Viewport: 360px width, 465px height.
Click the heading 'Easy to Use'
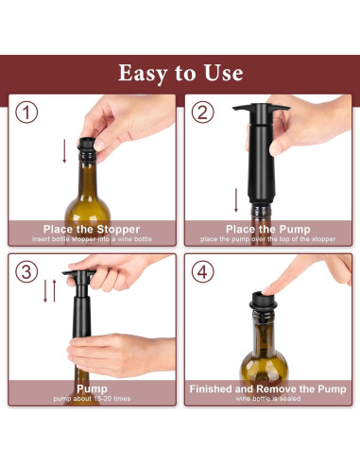pyautogui.click(x=180, y=73)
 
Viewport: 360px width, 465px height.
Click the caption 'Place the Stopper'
pyautogui.click(x=92, y=229)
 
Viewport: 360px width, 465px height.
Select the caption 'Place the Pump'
pyautogui.click(x=267, y=229)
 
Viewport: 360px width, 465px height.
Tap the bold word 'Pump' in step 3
pyautogui.click(x=92, y=388)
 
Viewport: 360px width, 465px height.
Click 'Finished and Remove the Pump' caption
pyautogui.click(x=267, y=388)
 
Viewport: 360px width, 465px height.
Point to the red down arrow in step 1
pyautogui.click(x=64, y=151)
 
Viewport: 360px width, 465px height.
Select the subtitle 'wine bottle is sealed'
pyautogui.click(x=267, y=400)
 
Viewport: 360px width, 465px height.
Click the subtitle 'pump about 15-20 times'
pyautogui.click(x=92, y=400)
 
